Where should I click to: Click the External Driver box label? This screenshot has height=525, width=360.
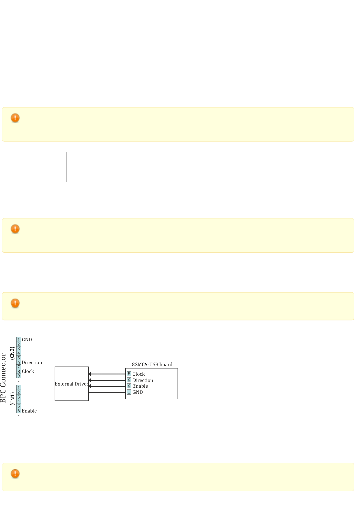coord(71,384)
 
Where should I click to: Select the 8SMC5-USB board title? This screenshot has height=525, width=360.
coord(152,364)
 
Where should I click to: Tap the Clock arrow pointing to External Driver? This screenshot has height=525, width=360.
coord(107,374)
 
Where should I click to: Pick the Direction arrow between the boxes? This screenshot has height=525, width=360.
coord(107,380)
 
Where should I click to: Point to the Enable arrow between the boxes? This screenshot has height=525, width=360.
coord(107,386)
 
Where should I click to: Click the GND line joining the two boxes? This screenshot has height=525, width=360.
coord(107,392)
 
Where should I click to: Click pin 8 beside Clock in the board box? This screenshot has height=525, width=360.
coord(129,374)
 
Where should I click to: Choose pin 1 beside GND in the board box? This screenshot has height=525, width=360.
coord(129,392)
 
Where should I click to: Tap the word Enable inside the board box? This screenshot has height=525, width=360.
coord(140,386)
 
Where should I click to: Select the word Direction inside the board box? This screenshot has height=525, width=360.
coord(143,380)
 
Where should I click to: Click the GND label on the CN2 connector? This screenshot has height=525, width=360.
coord(27,340)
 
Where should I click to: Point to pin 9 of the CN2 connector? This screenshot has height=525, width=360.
coord(19,376)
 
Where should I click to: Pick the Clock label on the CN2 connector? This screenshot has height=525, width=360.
coord(28,371)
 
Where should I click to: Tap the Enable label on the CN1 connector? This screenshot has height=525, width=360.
coord(29,411)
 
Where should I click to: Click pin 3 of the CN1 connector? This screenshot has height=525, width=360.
coord(19,397)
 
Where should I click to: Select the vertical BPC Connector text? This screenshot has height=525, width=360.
coord(3,378)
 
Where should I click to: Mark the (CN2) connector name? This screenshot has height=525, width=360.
coord(12,353)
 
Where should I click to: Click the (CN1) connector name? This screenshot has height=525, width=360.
coord(12,399)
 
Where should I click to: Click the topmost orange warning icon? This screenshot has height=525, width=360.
coord(15,118)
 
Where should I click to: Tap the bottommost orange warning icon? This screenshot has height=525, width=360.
coord(15,474)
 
